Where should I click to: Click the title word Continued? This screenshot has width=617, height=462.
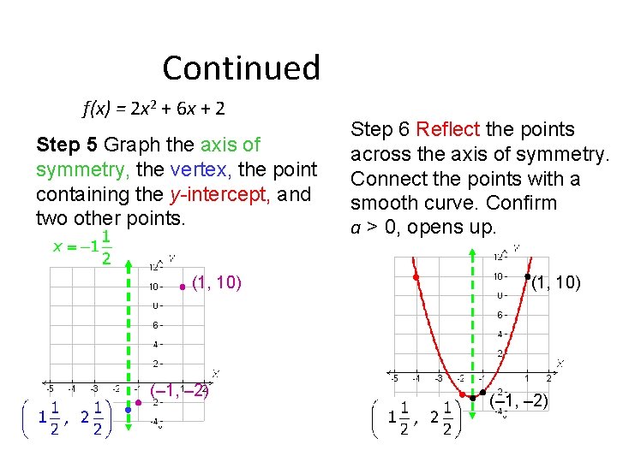point(241,68)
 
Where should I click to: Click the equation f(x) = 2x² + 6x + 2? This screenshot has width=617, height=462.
point(153,109)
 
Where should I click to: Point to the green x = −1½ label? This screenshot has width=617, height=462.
point(82,247)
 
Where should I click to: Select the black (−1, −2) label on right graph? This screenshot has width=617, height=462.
point(520,400)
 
